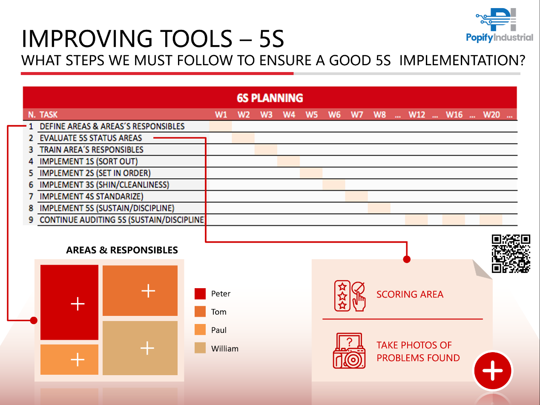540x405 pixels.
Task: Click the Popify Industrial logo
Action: click(x=500, y=25)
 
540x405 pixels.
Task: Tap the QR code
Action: click(x=511, y=254)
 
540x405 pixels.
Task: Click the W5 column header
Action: click(x=311, y=115)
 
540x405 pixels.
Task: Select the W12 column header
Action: click(x=417, y=115)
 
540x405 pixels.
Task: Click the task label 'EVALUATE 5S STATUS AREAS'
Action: click(x=91, y=138)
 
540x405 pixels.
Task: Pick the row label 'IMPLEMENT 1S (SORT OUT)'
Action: click(x=89, y=161)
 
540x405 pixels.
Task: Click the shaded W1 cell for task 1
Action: click(x=221, y=126)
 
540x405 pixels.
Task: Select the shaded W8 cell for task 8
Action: click(x=379, y=208)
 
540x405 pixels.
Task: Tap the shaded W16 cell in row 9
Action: click(x=454, y=220)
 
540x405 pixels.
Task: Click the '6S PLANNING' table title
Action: click(x=270, y=98)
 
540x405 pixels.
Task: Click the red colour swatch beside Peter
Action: click(x=200, y=294)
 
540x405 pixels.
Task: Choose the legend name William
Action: click(x=224, y=349)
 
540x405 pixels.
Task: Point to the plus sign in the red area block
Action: click(x=78, y=304)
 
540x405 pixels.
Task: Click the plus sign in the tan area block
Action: click(x=147, y=348)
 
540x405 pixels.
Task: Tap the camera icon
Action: click(x=349, y=351)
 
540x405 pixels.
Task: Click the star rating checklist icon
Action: click(x=350, y=296)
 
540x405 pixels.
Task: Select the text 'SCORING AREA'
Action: click(x=410, y=295)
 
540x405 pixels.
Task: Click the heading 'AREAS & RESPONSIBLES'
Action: click(x=122, y=250)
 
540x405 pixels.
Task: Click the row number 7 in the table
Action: click(x=31, y=197)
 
